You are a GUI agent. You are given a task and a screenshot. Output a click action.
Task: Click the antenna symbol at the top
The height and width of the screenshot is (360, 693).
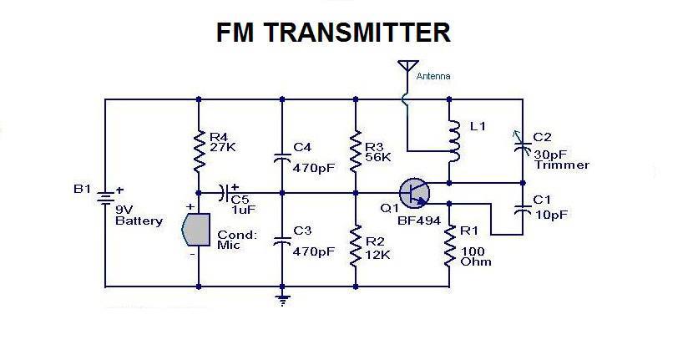click(407, 66)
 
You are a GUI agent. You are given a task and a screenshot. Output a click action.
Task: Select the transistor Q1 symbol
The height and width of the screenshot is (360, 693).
click(414, 193)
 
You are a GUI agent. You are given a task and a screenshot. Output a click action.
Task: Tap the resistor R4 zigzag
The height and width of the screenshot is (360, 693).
click(199, 151)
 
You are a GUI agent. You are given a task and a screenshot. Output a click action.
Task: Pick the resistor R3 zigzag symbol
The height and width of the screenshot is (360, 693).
click(356, 151)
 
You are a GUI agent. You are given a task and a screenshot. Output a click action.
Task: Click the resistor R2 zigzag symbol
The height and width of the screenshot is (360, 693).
click(356, 246)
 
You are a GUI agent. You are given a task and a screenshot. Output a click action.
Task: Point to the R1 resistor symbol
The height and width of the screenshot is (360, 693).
click(449, 246)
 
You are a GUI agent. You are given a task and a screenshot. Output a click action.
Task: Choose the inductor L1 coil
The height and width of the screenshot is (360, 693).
click(454, 140)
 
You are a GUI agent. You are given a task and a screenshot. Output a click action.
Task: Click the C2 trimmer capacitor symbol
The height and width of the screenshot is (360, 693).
click(523, 145)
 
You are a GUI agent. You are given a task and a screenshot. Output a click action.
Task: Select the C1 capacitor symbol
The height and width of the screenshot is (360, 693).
click(523, 210)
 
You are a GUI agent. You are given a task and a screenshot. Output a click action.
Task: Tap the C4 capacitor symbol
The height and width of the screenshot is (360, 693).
click(282, 157)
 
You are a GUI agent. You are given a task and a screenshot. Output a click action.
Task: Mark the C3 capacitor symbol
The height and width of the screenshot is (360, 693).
click(282, 241)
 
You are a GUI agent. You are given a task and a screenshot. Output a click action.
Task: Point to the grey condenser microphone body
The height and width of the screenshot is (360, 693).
click(196, 230)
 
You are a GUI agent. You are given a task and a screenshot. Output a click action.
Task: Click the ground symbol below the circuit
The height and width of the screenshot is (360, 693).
click(282, 301)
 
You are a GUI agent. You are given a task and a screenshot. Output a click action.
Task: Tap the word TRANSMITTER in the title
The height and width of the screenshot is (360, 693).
click(357, 33)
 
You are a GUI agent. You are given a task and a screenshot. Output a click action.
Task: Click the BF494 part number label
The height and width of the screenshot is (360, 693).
click(419, 221)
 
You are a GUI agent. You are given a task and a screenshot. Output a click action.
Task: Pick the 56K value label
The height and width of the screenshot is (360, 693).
click(378, 157)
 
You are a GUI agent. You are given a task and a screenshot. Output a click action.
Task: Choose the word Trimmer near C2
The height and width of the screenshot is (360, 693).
click(562, 165)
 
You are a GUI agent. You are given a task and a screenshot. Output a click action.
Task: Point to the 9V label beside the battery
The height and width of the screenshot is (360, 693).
click(124, 210)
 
